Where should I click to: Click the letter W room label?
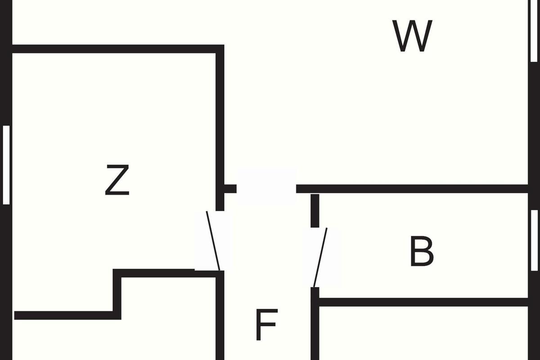point(412,36)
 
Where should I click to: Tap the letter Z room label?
point(117,180)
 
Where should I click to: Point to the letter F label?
point(266,325)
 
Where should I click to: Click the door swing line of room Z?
point(213,241)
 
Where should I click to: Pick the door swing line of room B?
point(320,257)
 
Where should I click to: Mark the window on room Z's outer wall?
point(6,165)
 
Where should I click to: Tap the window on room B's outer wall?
point(534,241)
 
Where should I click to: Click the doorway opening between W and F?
point(266,188)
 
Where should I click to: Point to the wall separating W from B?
point(412,189)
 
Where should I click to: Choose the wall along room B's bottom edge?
point(423,302)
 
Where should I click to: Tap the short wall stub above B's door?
point(315,210)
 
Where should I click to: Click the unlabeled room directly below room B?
point(423,333)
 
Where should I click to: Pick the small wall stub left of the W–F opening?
point(229,189)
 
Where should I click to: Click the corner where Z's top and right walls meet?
point(220,49)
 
